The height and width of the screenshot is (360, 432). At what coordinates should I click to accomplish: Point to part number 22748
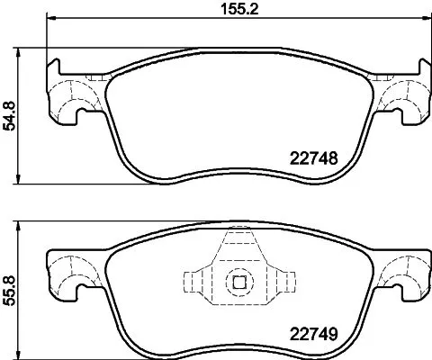(314, 157)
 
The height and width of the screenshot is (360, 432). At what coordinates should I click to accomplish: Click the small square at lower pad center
(239, 281)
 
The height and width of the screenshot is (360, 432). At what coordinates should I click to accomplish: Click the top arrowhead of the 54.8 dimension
(21, 49)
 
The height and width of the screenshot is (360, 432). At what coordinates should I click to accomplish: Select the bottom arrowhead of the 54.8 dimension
(21, 183)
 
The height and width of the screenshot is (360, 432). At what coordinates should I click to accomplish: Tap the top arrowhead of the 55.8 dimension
(21, 223)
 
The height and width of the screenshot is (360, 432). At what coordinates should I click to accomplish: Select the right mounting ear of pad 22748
(401, 99)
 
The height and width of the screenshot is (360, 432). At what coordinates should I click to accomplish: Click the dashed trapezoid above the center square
(239, 248)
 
